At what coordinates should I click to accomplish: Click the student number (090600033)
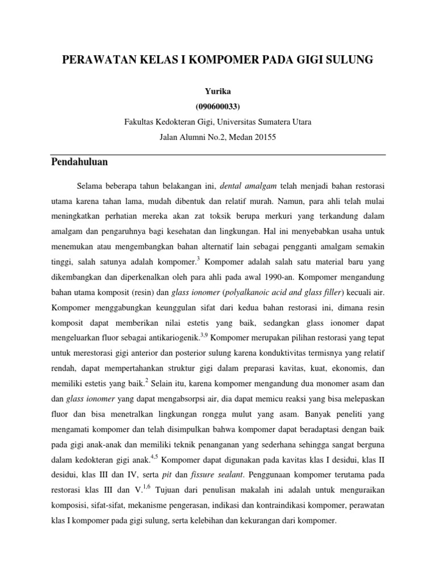click(218, 106)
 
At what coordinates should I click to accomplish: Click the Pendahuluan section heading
click(79, 162)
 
